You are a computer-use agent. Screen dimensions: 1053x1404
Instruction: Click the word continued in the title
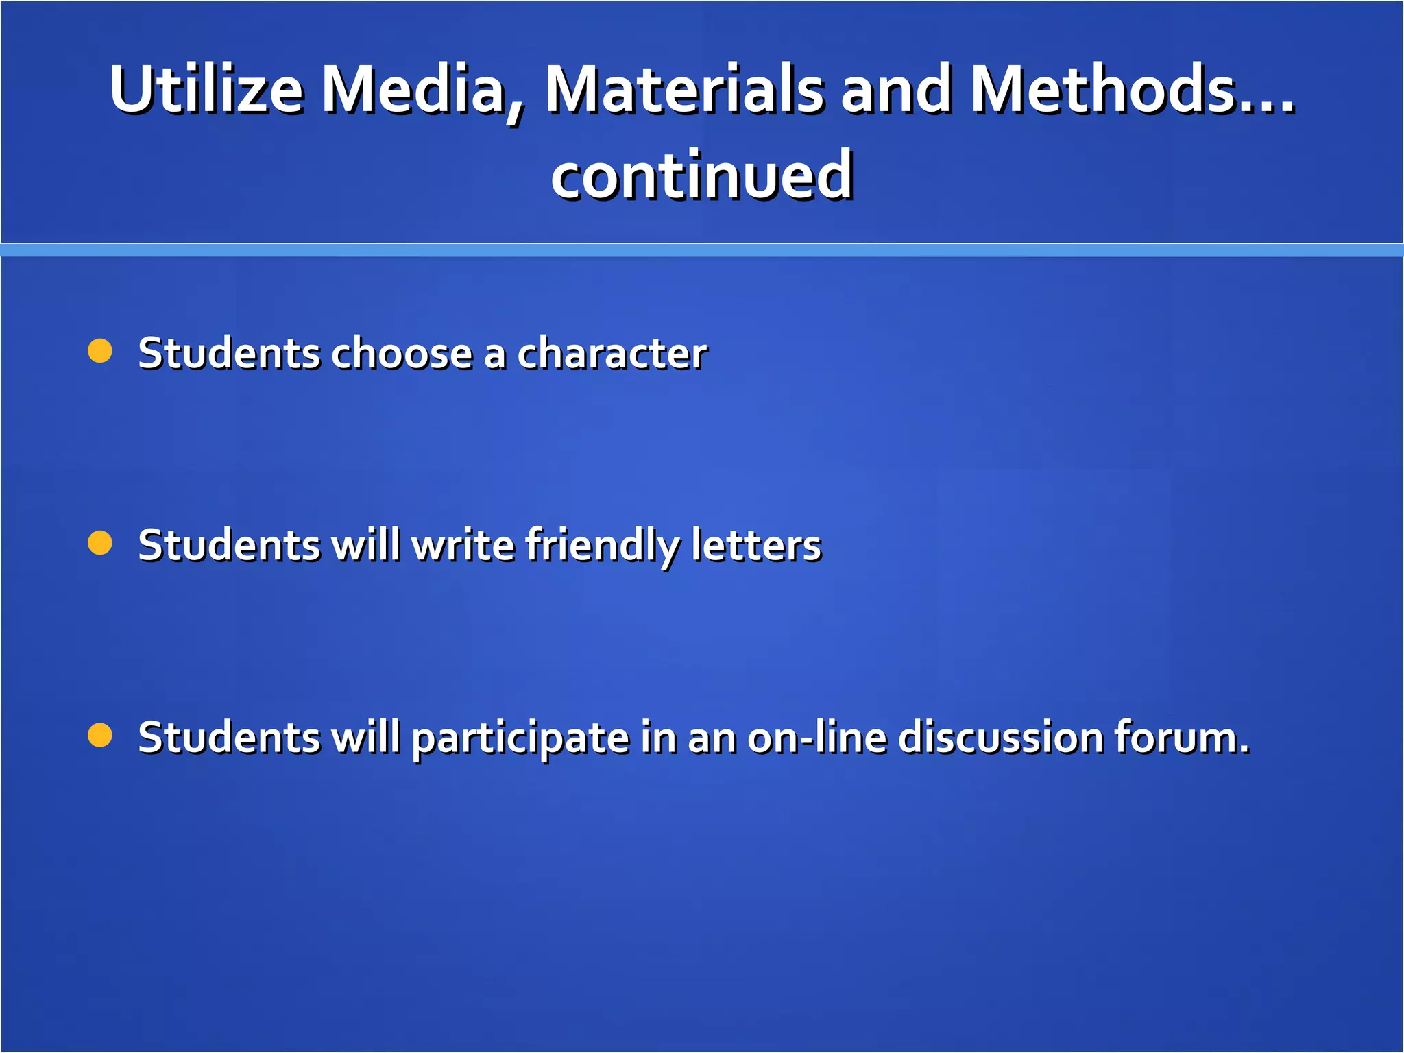coord(702,176)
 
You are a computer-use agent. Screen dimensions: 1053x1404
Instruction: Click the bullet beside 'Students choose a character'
coord(100,351)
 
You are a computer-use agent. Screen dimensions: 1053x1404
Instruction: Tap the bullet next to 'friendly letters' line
coord(100,543)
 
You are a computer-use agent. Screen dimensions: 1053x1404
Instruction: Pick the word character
coord(612,354)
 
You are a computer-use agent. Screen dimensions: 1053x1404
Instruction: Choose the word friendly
coord(603,547)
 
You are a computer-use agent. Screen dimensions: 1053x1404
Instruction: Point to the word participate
coord(520,739)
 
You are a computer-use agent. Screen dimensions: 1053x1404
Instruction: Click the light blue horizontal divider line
coord(702,250)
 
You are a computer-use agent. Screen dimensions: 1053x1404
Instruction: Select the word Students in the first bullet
coord(229,354)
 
